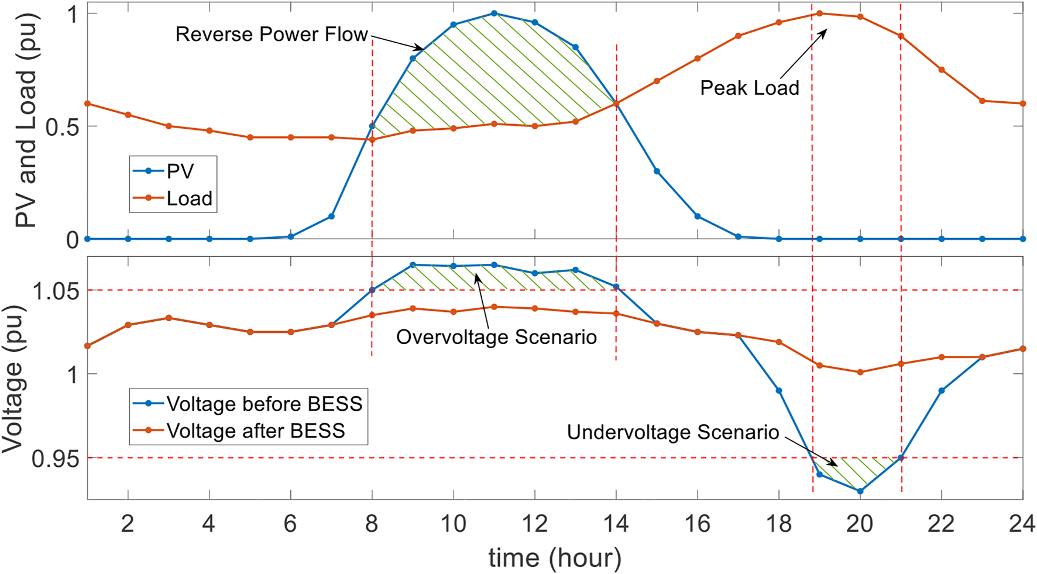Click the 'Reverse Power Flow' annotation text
click(272, 35)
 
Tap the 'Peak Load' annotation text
click(750, 88)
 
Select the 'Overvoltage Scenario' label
click(496, 338)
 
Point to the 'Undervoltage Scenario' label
click(673, 432)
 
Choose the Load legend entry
click(189, 199)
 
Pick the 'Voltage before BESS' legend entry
click(264, 404)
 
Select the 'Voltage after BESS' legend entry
click(256, 431)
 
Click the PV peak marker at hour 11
click(495, 13)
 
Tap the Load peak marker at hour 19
click(820, 13)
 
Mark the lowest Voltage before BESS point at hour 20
click(860, 491)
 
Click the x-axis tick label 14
click(616, 524)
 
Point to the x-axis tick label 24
click(1022, 524)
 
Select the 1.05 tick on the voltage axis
click(55, 291)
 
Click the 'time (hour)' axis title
click(555, 558)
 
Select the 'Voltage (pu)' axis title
click(13, 379)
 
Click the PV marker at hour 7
click(331, 216)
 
